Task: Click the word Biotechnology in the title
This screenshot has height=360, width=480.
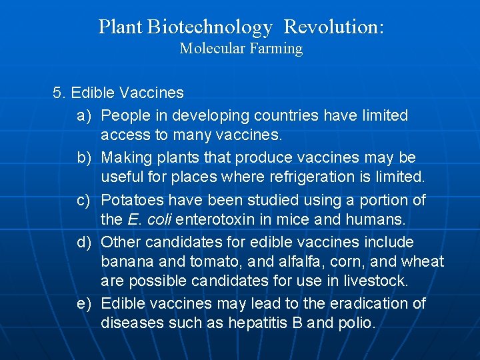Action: coord(210,27)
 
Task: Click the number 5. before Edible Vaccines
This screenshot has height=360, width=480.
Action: coord(59,93)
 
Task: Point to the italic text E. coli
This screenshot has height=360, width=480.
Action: coord(141,219)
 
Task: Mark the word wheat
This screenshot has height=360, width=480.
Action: coord(422,261)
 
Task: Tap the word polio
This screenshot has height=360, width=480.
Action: coord(357,323)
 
